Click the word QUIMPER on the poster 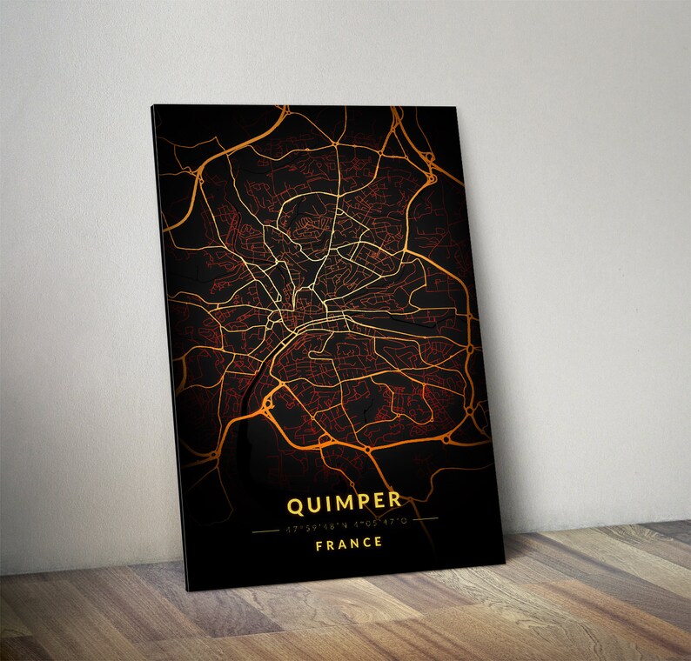(344, 502)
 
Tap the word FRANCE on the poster (348, 544)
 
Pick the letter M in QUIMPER (342, 502)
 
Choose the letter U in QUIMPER (313, 503)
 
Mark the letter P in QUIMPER (361, 502)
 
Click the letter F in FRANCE (319, 544)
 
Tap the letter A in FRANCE (342, 544)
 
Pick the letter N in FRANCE (354, 544)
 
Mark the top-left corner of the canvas (153, 106)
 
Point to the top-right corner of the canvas (455, 107)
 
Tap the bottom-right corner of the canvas (505, 553)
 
